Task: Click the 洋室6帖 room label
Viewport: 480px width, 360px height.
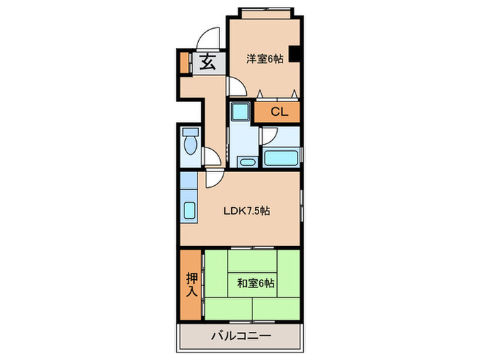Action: pos(265,60)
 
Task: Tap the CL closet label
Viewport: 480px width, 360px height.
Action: pos(278,112)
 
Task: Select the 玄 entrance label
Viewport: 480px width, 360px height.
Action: pos(208,62)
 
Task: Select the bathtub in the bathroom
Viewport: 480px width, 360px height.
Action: pos(281,158)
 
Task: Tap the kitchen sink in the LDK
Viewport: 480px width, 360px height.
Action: pos(189,210)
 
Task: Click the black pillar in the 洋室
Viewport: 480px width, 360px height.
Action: pos(293,54)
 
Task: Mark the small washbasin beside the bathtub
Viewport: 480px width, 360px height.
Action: pos(247,162)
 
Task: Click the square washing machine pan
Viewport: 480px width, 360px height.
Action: pos(240,111)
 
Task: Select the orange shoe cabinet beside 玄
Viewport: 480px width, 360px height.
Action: pos(183,62)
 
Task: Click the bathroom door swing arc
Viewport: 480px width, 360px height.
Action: pos(268,136)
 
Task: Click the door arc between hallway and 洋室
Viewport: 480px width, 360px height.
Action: pos(237,86)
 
